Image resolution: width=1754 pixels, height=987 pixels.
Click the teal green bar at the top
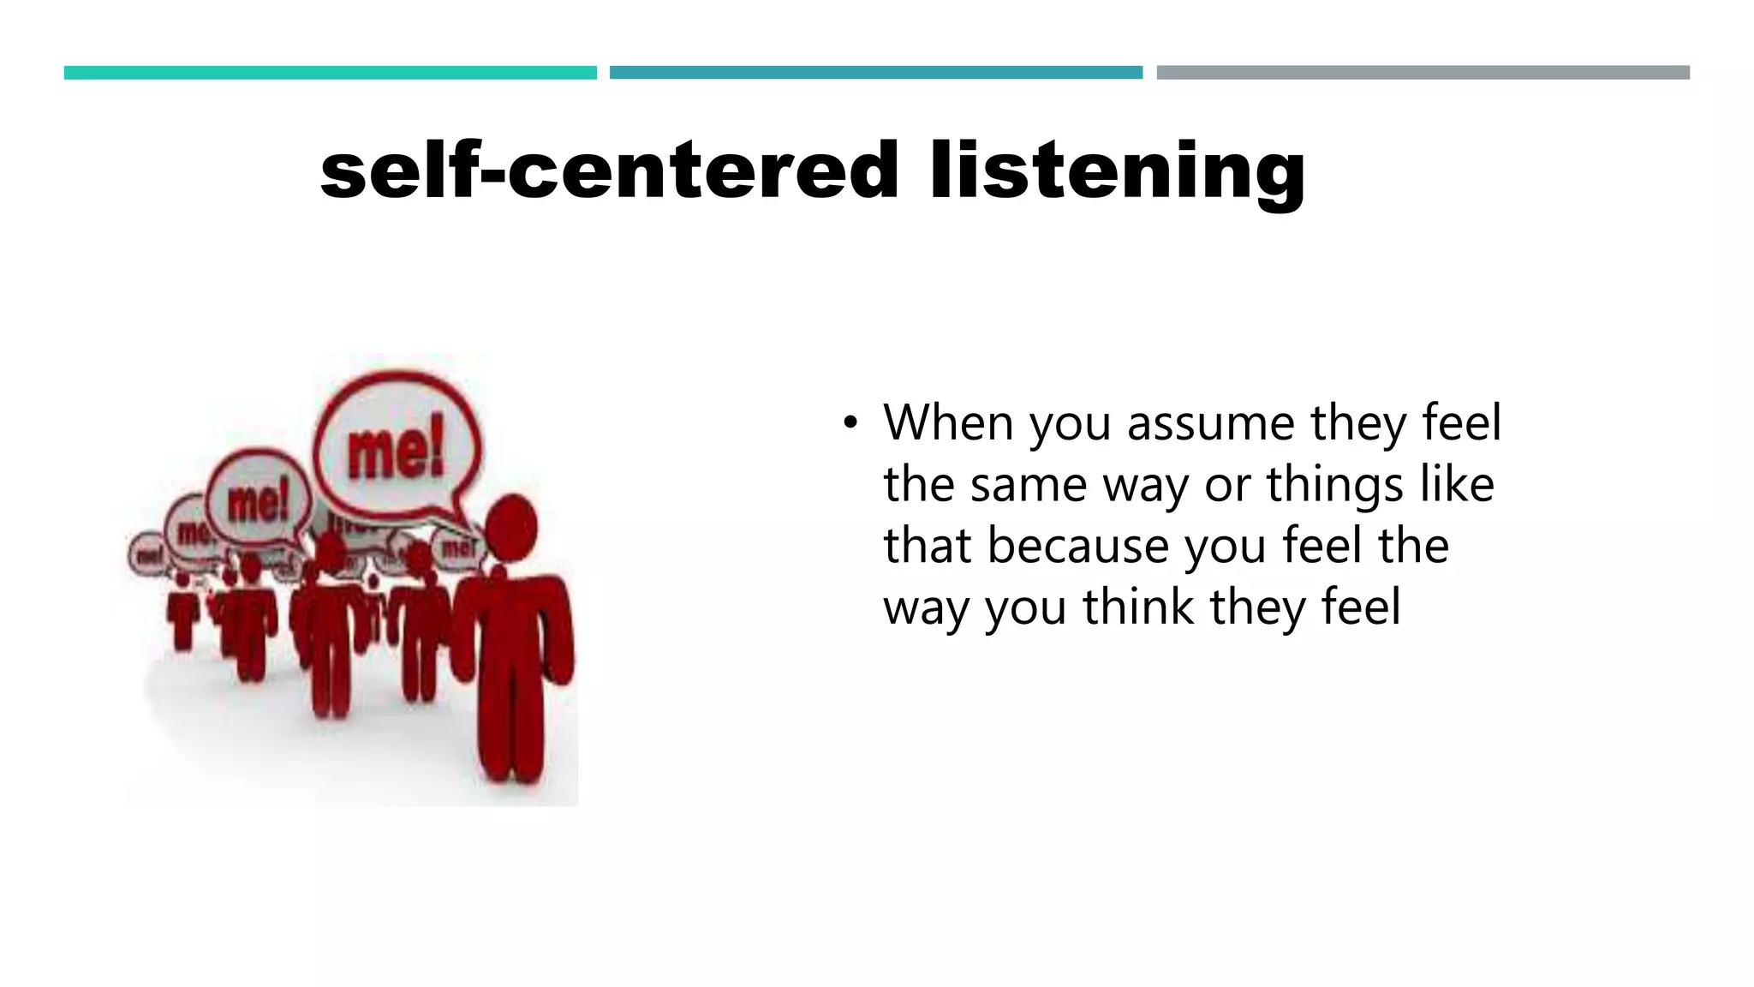point(330,73)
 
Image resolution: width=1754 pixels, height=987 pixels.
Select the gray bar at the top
point(1423,73)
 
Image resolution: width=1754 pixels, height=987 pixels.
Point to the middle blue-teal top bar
point(875,73)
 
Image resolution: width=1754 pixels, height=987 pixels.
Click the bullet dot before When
point(849,422)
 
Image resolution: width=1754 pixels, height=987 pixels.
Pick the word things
point(1335,485)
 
